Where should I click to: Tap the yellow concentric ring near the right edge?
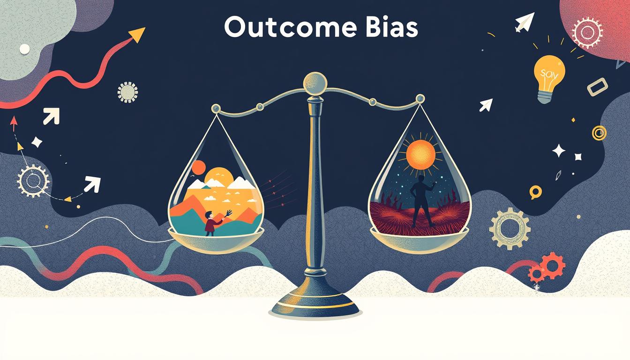(x=599, y=133)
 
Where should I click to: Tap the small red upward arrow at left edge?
(x=13, y=123)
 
